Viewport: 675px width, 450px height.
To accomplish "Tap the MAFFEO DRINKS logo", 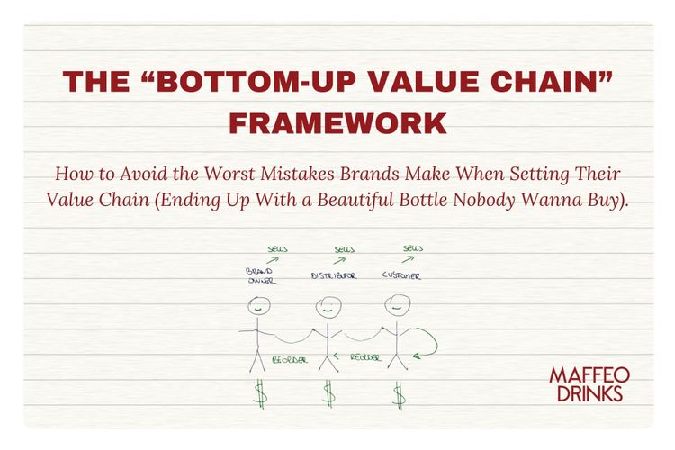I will point(590,383).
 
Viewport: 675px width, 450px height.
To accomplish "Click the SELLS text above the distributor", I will point(344,248).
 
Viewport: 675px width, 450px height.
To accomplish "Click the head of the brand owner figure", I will point(257,307).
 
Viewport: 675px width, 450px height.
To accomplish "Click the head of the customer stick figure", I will point(396,306).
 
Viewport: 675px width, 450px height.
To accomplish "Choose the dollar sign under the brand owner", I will point(259,392).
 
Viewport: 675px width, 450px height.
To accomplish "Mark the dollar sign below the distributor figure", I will point(329,392).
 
